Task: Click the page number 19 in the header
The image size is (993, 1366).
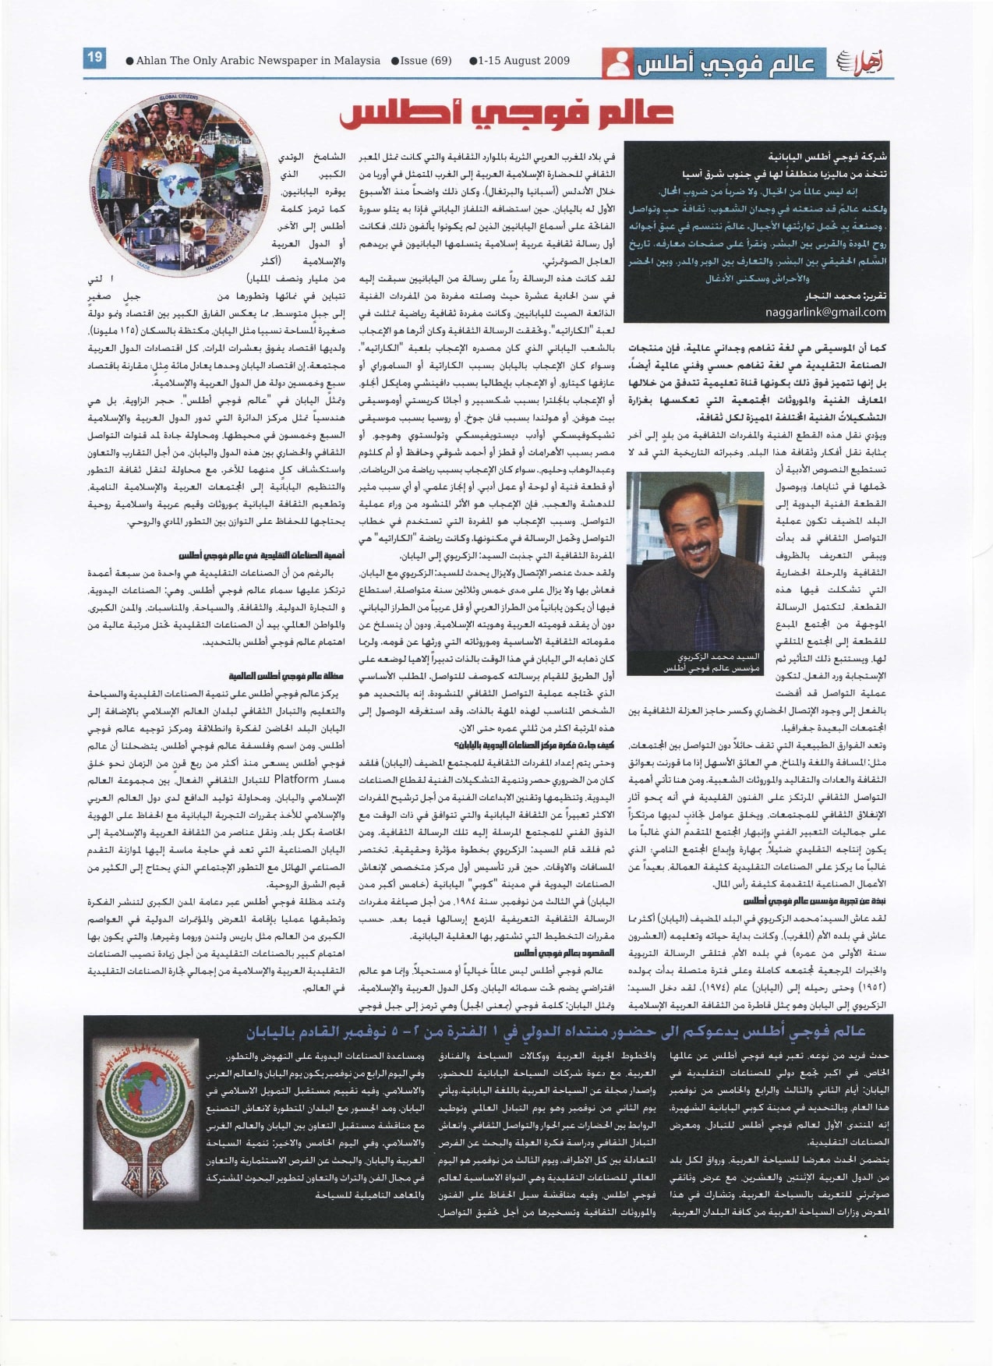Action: (x=95, y=57)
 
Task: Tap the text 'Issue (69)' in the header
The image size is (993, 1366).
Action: (x=426, y=61)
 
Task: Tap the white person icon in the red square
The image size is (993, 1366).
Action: (x=617, y=62)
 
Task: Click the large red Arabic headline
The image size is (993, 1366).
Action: (x=506, y=114)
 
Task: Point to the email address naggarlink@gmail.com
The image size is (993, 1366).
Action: (x=825, y=312)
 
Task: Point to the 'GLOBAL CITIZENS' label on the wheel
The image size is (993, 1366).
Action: (x=178, y=98)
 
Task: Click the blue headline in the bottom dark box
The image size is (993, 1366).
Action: (x=556, y=1032)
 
